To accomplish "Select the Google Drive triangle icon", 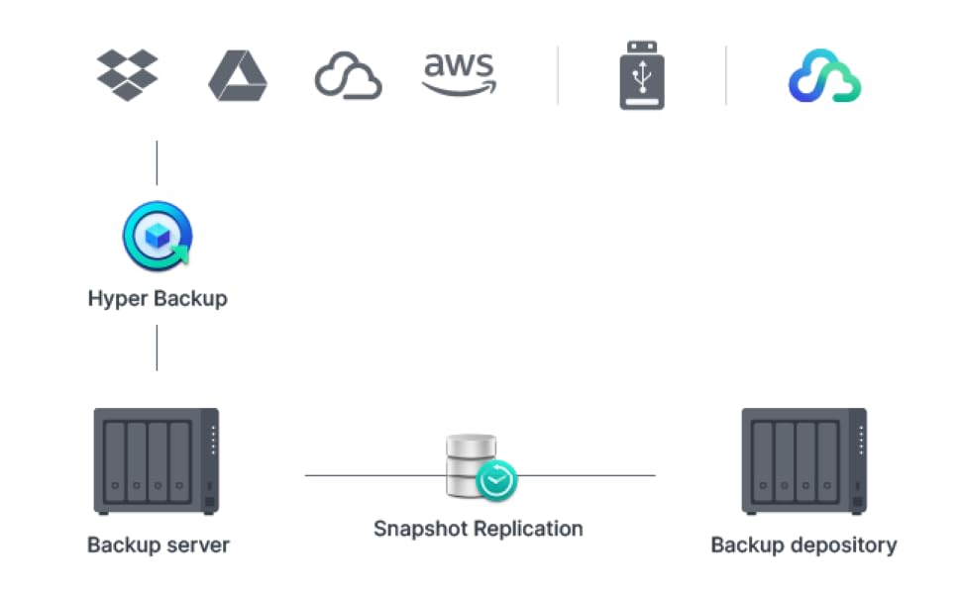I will [238, 75].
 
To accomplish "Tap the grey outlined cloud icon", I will [348, 77].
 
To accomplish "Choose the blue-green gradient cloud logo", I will [824, 76].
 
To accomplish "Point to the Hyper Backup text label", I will [158, 298].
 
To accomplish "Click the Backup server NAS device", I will [157, 461].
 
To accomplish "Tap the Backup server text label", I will [159, 544].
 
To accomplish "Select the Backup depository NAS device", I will [803, 461].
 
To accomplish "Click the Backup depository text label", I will [803, 544].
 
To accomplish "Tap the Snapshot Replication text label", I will [478, 528].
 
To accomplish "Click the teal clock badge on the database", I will [495, 482].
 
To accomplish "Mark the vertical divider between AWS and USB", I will [557, 75].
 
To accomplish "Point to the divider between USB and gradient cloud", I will [726, 75].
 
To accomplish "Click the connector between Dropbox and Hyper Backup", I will [157, 162].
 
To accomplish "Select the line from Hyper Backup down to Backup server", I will [157, 347].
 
